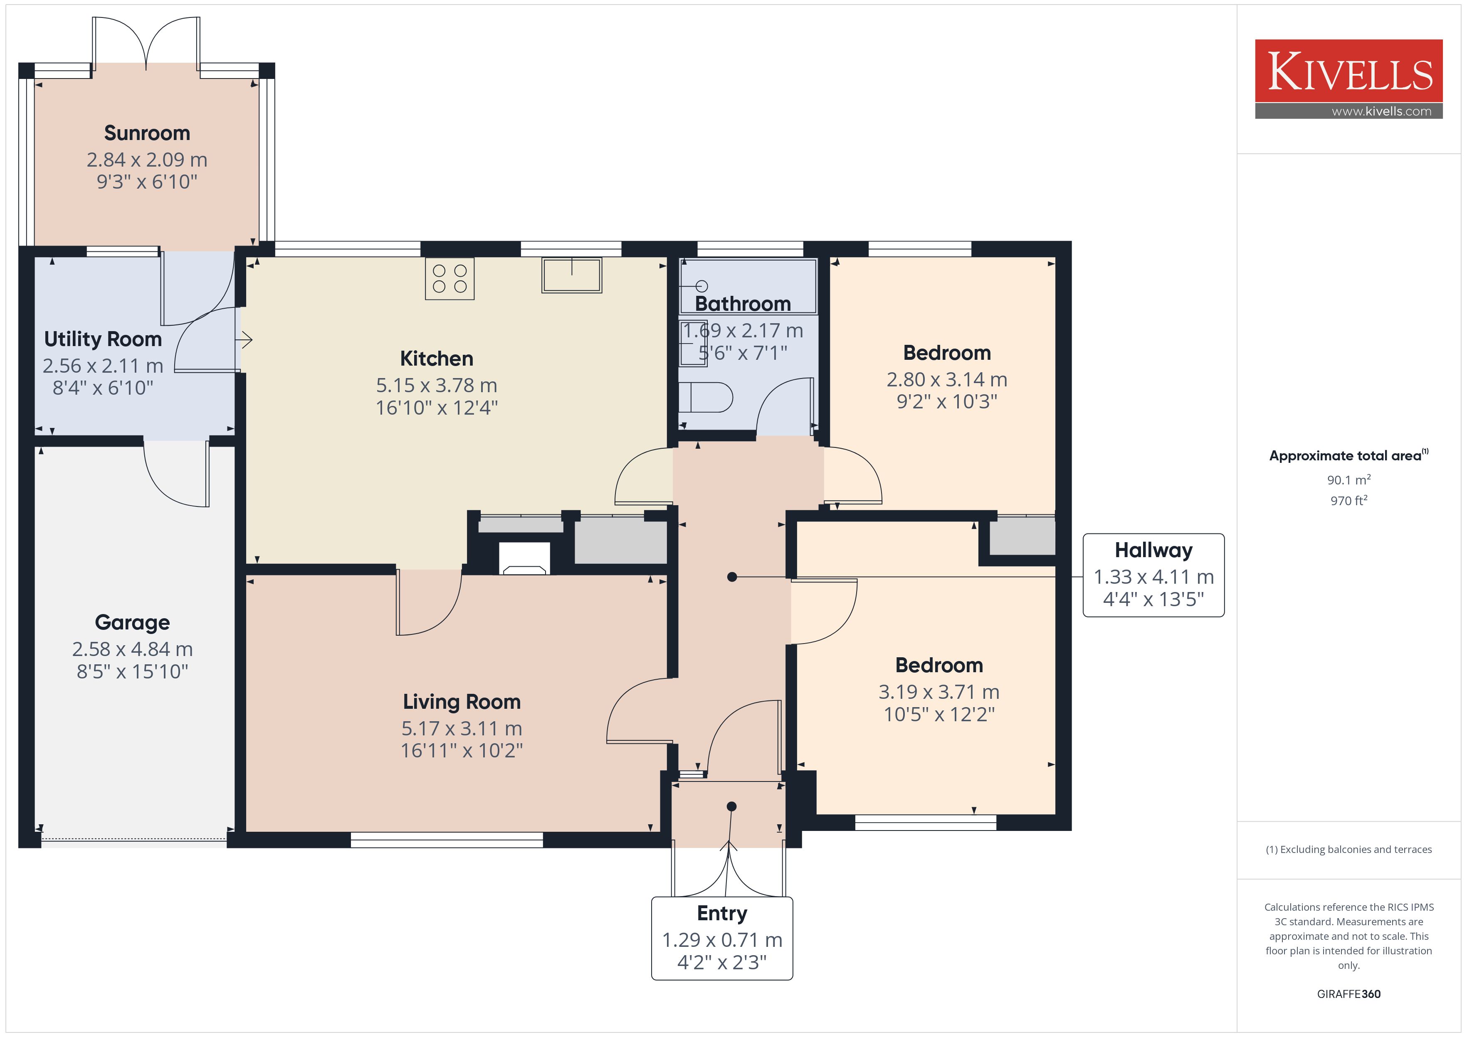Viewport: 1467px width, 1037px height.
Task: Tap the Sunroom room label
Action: [x=147, y=133]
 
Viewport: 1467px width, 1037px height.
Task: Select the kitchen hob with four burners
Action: [x=450, y=279]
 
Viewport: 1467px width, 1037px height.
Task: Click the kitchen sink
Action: [x=572, y=275]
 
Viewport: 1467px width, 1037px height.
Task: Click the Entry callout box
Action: [x=722, y=939]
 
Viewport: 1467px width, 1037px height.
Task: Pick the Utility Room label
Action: [x=103, y=339]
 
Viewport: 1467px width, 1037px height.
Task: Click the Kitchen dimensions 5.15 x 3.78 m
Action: [x=436, y=385]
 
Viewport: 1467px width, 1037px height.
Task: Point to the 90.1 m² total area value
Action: [x=1349, y=479]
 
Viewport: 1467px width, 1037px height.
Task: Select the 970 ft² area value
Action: [x=1349, y=501]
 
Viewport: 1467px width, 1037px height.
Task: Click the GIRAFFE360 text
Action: [x=1349, y=994]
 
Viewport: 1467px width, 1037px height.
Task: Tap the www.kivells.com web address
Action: [x=1381, y=111]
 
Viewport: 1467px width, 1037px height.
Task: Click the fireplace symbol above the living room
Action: [x=524, y=558]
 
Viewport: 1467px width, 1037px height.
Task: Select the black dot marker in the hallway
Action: [x=732, y=577]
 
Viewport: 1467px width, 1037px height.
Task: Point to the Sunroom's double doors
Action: [x=146, y=42]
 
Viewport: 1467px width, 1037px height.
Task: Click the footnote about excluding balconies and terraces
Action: [x=1349, y=849]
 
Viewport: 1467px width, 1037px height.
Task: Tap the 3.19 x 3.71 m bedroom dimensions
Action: [x=938, y=692]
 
